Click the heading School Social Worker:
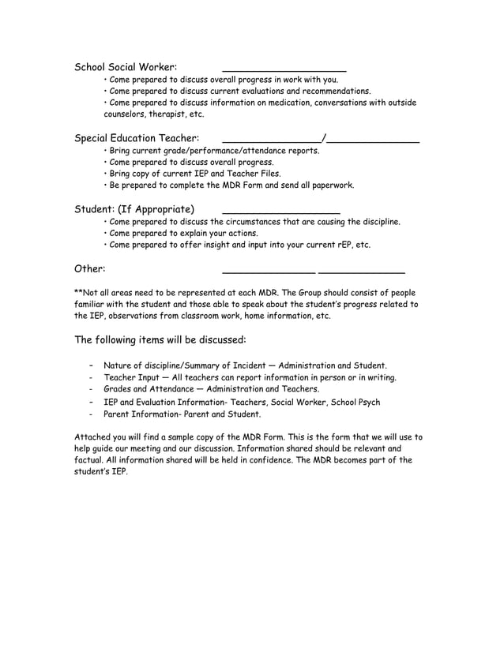126,67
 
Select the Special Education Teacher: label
136,138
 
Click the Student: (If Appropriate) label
134,209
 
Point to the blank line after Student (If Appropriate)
281,213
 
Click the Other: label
90,268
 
